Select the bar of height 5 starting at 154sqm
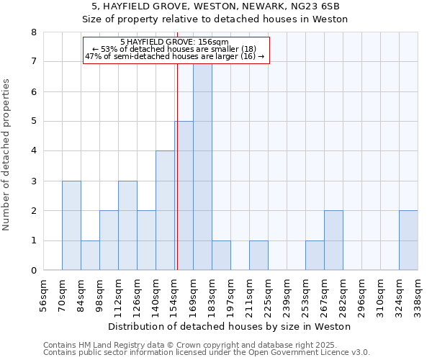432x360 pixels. tap(184, 196)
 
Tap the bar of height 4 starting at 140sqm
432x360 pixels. tap(165, 210)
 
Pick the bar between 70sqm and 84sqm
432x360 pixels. tap(71, 225)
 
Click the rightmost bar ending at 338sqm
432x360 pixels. tap(408, 240)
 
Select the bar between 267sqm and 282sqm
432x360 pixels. tap(333, 240)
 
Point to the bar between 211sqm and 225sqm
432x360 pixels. tap(258, 256)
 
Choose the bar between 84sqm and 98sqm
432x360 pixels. tap(90, 256)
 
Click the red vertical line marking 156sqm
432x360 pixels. tap(177, 180)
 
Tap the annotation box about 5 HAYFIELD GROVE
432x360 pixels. tap(175, 49)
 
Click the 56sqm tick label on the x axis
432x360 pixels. tap(44, 293)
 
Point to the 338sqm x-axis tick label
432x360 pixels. tap(418, 293)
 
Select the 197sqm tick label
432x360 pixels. tap(231, 293)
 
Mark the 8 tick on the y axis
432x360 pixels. tap(34, 32)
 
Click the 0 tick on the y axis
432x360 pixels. tap(34, 271)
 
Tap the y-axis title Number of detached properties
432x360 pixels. tap(7, 155)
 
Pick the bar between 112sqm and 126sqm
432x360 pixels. tap(127, 225)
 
